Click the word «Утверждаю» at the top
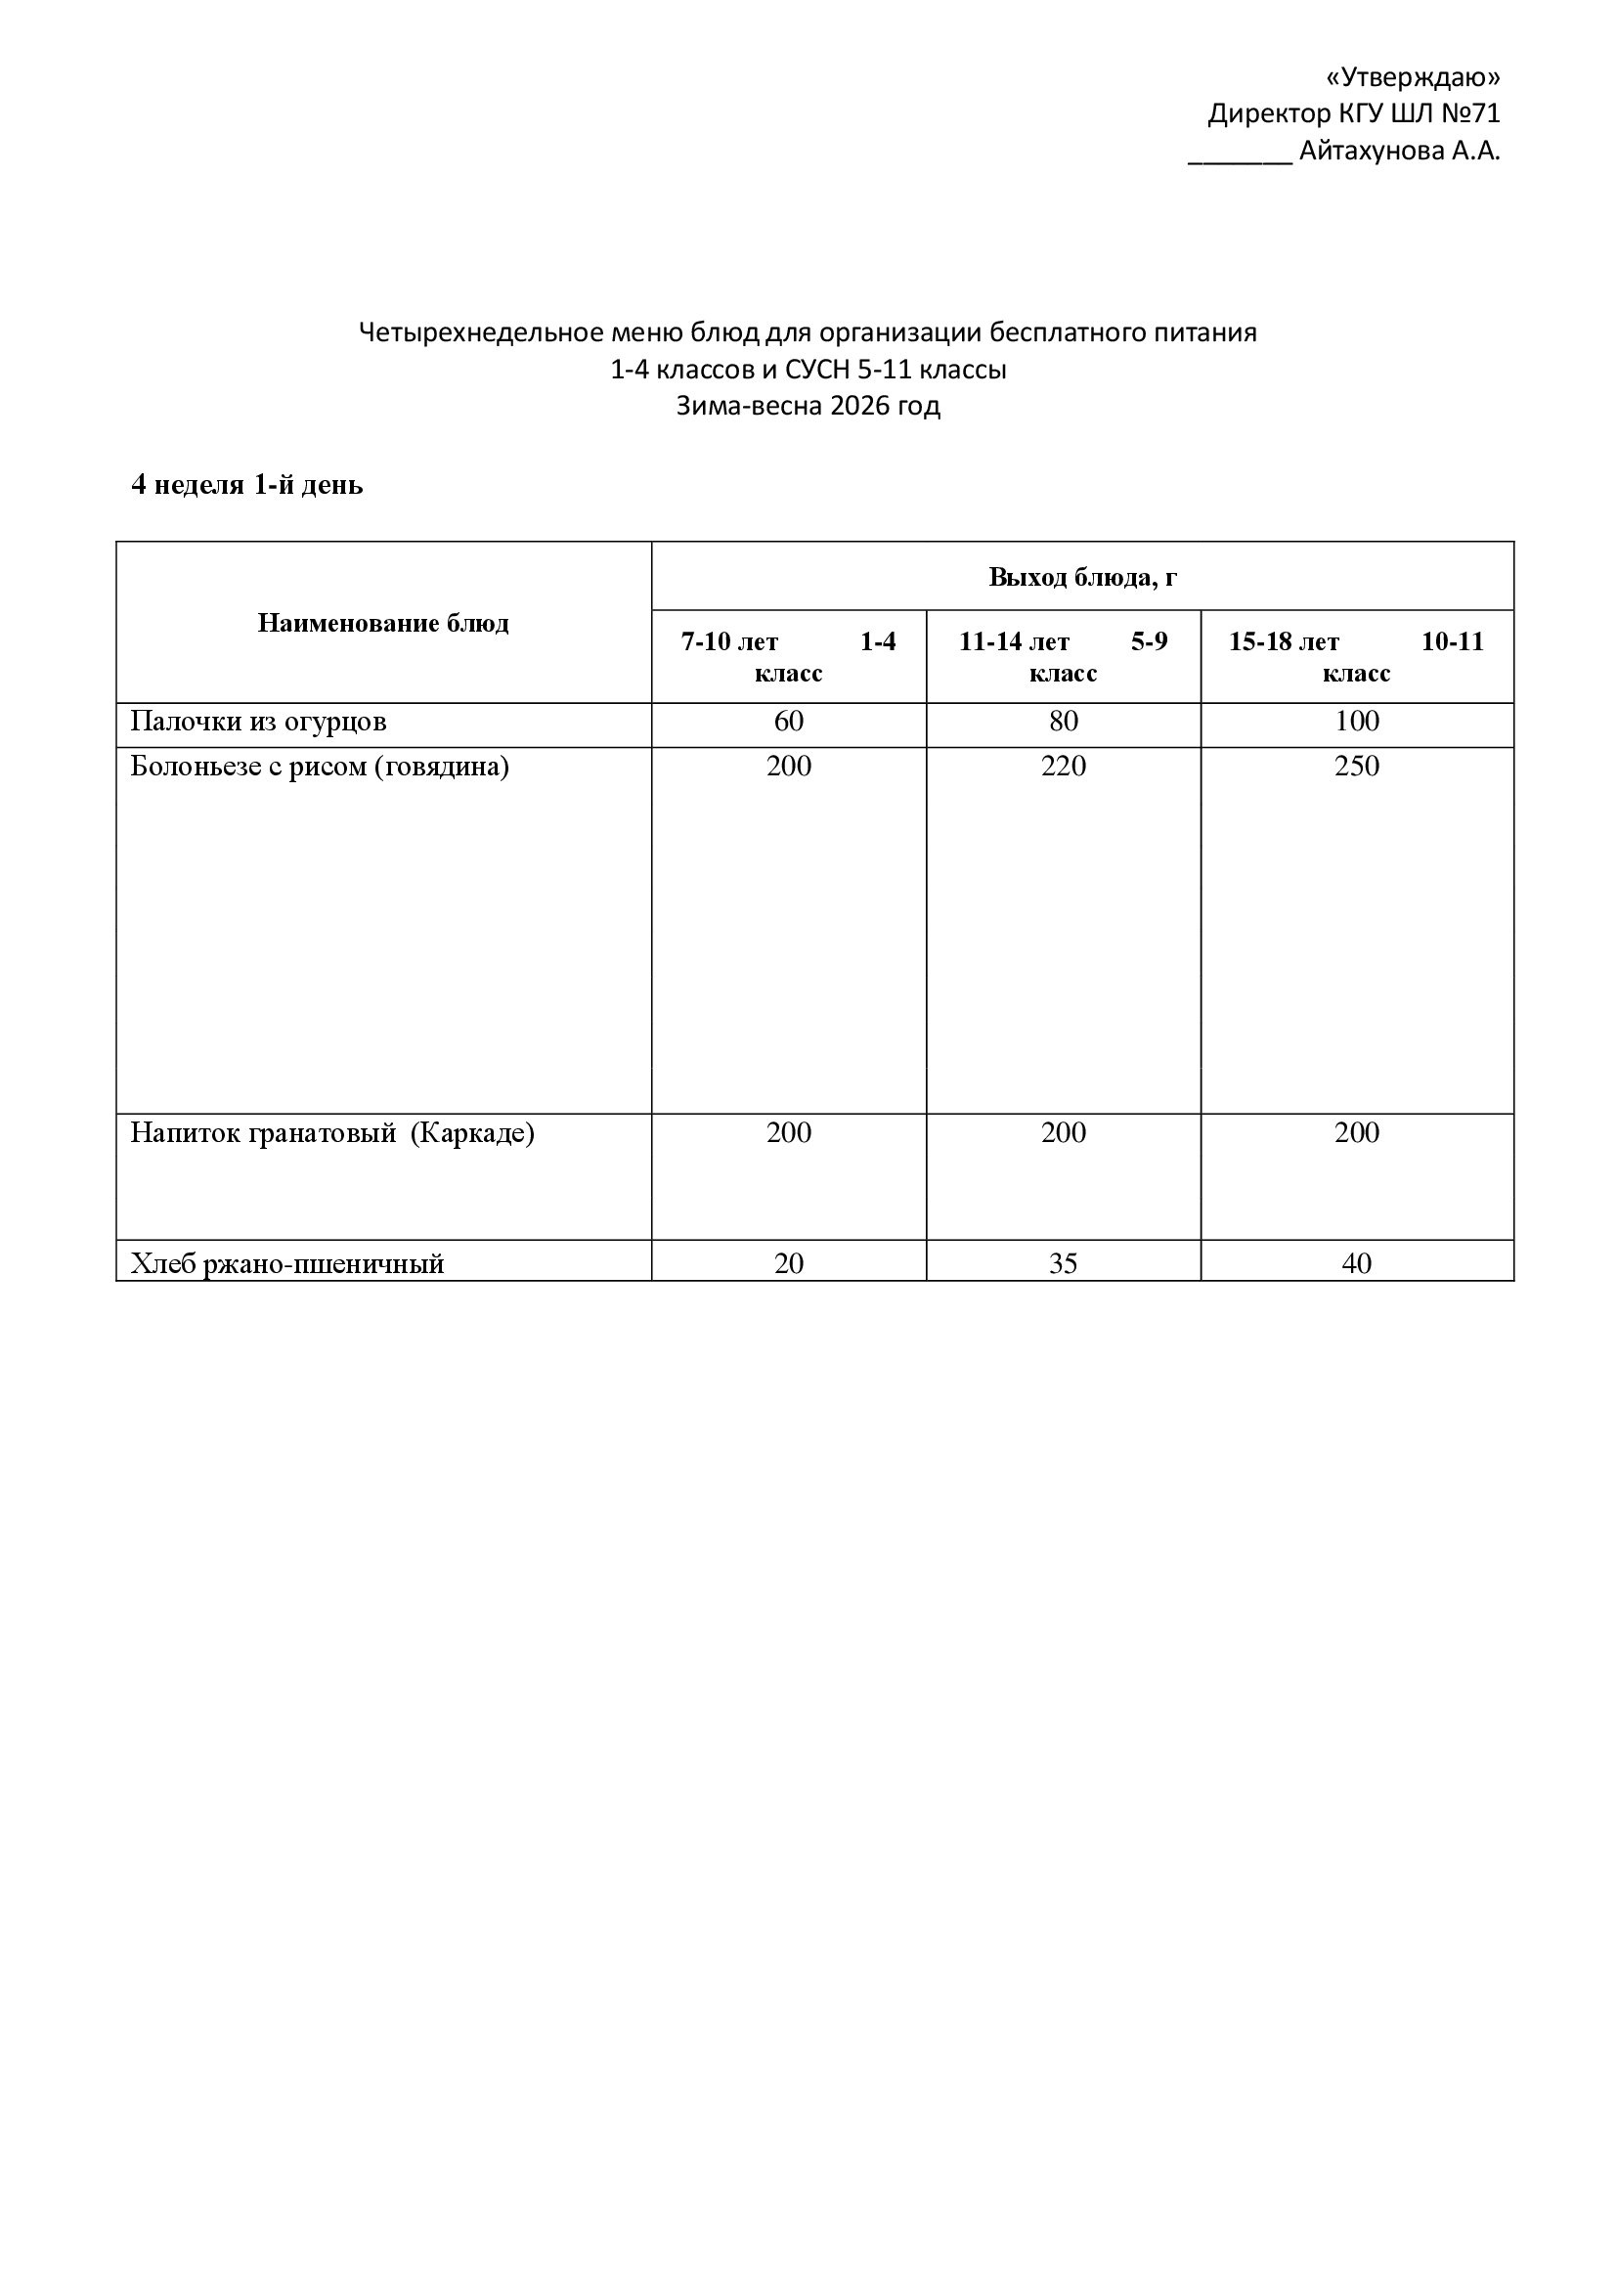[x=1414, y=77]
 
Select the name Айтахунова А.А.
[x=1399, y=152]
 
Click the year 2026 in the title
[x=859, y=407]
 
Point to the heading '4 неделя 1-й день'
[x=247, y=485]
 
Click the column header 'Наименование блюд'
[x=383, y=624]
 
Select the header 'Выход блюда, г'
[x=1082, y=578]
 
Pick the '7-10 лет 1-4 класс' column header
[x=789, y=656]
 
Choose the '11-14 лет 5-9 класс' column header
[x=1064, y=656]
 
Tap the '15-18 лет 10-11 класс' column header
[x=1356, y=656]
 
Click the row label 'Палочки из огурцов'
[x=259, y=722]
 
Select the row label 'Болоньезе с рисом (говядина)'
[x=320, y=766]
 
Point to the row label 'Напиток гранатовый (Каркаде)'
[x=332, y=1133]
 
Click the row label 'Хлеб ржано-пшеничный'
[x=287, y=1263]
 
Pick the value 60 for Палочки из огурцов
[x=789, y=722]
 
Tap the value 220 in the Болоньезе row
[x=1064, y=766]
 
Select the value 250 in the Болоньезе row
[x=1356, y=766]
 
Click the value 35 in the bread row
[x=1064, y=1263]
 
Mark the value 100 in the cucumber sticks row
[x=1356, y=722]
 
